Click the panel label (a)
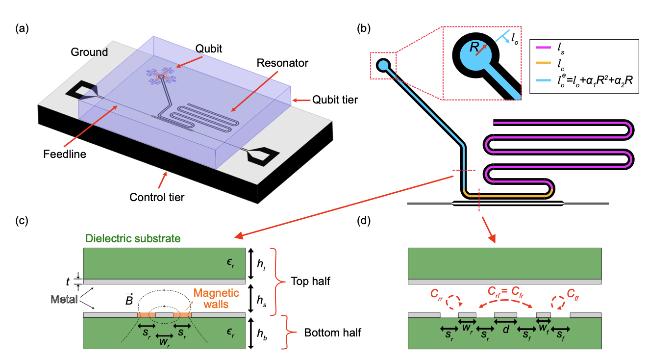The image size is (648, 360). click(23, 28)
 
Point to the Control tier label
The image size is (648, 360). click(156, 198)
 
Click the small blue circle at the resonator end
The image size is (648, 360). click(383, 65)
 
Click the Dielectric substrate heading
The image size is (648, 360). click(132, 239)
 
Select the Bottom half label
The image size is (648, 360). click(333, 333)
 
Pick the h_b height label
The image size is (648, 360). click(262, 333)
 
